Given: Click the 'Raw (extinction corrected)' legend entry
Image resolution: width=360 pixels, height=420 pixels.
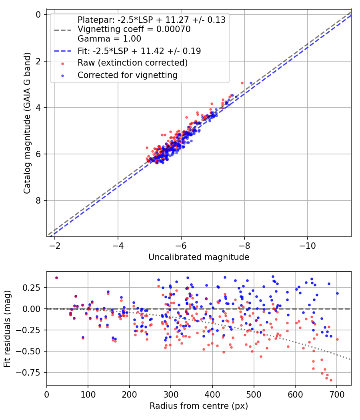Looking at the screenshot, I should [x=132, y=63].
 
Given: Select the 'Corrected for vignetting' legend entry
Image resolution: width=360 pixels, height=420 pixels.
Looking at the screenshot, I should [x=128, y=75].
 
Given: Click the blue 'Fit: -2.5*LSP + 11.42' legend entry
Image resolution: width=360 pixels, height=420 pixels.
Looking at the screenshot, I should [x=139, y=51].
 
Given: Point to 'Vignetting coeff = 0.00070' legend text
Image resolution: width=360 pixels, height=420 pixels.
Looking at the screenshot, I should [x=134, y=29].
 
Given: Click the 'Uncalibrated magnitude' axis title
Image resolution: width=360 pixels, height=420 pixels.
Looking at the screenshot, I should [x=199, y=257].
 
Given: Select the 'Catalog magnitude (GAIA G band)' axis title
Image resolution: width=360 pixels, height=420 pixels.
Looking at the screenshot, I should [x=27, y=126].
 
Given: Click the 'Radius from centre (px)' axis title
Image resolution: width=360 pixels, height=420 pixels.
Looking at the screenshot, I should [x=199, y=406].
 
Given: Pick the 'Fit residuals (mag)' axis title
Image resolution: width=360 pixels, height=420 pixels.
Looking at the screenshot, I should [x=8, y=328].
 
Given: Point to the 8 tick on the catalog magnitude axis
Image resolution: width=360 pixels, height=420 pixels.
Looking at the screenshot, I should [x=39, y=200].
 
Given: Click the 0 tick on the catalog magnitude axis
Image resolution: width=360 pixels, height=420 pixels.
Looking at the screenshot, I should [x=39, y=14].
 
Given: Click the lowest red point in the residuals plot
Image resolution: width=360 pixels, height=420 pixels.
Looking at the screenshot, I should [x=331, y=380].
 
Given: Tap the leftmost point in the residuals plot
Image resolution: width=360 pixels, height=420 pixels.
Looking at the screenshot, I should [x=56, y=278].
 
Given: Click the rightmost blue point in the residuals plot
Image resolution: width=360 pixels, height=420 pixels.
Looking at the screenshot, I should [x=337, y=293].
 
